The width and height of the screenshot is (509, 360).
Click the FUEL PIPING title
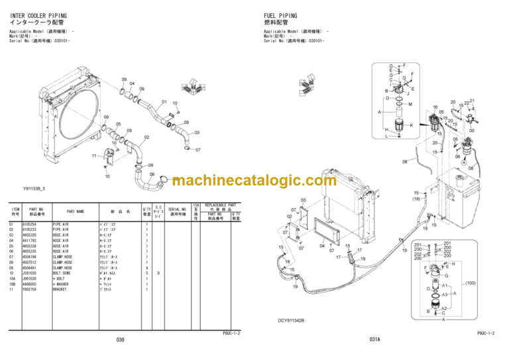pyautogui.click(x=280, y=15)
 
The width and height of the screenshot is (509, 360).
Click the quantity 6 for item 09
pyautogui.click(x=146, y=268)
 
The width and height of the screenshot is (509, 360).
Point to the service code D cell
pyautogui.click(x=158, y=273)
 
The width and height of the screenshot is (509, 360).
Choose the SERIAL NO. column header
pyautogui.click(x=176, y=211)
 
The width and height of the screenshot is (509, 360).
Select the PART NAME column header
pyautogui.click(x=75, y=211)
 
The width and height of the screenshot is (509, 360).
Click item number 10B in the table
pyautogui.click(x=12, y=284)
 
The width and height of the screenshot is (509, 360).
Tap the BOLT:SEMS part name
pyautogui.click(x=66, y=273)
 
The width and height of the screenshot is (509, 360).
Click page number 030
pyautogui.click(x=120, y=339)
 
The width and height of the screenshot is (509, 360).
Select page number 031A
pyautogui.click(x=374, y=339)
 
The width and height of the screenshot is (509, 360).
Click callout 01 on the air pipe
pyautogui.click(x=164, y=101)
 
